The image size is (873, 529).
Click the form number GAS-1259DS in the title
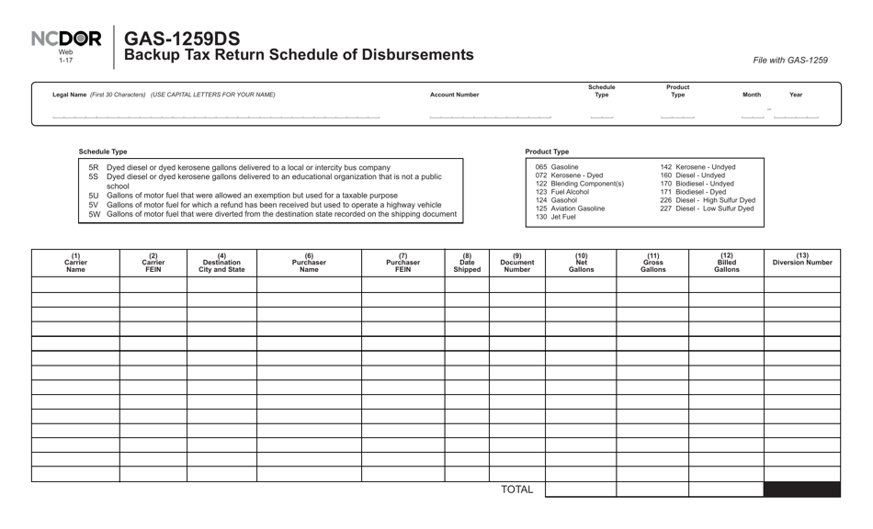182,39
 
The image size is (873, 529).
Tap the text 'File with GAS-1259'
789,61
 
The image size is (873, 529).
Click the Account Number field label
454,95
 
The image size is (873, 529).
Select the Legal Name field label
163,95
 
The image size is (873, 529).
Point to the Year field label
795,95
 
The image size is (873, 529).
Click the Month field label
751,95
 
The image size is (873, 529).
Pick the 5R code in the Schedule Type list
94,168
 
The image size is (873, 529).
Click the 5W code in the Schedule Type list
94,214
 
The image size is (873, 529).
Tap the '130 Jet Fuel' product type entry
555,217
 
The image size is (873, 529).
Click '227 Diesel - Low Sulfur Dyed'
707,208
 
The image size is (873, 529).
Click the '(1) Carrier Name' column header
75,263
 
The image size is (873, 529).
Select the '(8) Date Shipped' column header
467,263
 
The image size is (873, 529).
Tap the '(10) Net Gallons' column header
581,263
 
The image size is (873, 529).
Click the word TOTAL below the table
516,490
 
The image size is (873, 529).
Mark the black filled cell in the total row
801,490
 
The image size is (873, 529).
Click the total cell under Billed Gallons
726,490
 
